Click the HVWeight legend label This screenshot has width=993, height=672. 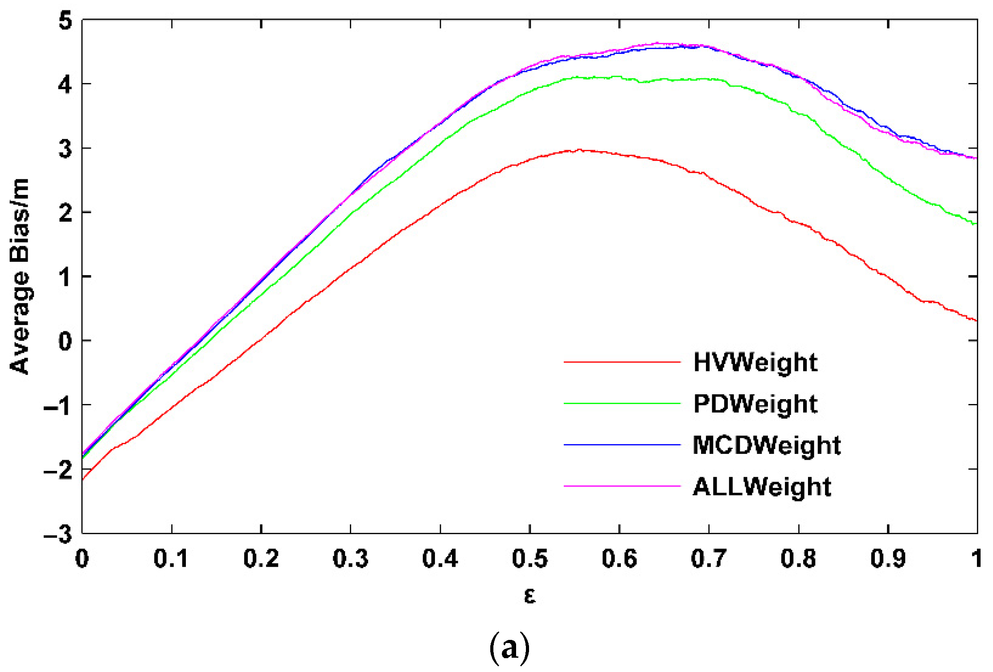pos(755,362)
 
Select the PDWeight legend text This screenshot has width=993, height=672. pos(755,404)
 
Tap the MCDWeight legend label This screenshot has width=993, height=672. pos(766,445)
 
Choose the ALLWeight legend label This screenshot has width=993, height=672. pos(762,486)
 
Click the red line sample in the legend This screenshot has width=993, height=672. pos(622,362)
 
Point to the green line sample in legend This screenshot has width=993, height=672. pos(622,404)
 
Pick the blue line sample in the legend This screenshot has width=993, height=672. pos(622,445)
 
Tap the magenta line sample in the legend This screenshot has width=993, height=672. pos(622,486)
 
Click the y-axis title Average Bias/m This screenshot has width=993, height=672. pos(20,276)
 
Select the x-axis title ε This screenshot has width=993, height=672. pos(529,596)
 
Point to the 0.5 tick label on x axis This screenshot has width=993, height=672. pos(529,558)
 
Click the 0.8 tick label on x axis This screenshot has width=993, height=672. pos(798,558)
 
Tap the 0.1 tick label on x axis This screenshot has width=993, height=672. pos(171,558)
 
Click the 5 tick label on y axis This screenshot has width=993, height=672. pos(66,21)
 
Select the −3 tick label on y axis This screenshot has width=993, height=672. pos(58,533)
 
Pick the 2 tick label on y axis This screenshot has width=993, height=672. pos(66,213)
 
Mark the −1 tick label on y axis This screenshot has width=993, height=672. pos(58,405)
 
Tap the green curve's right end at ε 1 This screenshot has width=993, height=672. pos(975,223)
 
